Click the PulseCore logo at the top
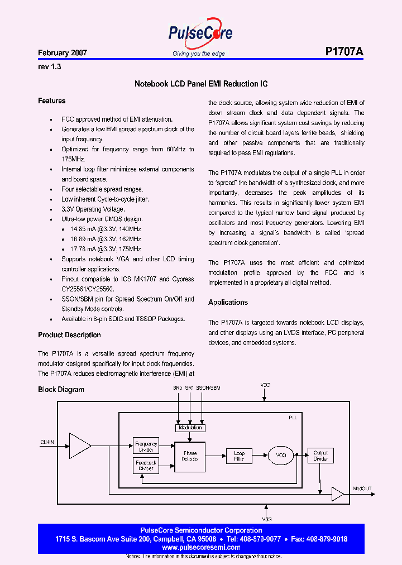[x=200, y=35]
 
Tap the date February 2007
[x=63, y=53]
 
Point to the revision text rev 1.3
[x=49, y=66]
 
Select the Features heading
[x=52, y=101]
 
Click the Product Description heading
[x=69, y=335]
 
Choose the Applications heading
[x=228, y=303]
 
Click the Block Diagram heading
[x=61, y=389]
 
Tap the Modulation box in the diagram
[x=190, y=428]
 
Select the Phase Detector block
[x=190, y=456]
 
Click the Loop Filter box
[x=239, y=456]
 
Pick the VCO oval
[x=281, y=456]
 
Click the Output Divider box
[x=320, y=456]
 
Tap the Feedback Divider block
[x=146, y=465]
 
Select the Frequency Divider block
[x=146, y=447]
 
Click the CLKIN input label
[x=47, y=442]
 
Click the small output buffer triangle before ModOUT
[x=337, y=494]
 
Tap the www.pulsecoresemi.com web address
[x=201, y=548]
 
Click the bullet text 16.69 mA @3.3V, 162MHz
[x=106, y=239]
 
